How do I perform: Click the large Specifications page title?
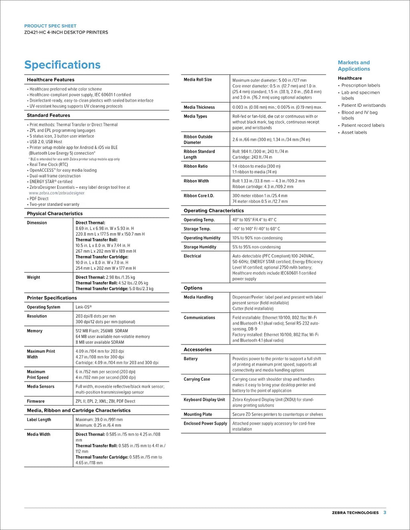[62, 65]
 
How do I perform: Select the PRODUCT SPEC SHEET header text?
[50, 26]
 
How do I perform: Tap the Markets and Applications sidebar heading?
[354, 66]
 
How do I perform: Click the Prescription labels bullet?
[360, 85]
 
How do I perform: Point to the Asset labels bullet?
[354, 132]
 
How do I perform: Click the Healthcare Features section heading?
[50, 80]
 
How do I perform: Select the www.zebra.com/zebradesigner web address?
[56, 193]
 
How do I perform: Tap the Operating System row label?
[43, 307]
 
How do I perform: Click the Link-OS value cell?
[84, 307]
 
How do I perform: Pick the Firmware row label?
[36, 401]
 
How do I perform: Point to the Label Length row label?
[39, 420]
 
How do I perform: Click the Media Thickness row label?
[199, 107]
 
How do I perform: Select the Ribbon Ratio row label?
[195, 166]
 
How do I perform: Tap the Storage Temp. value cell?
[256, 229]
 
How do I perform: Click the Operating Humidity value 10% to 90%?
[257, 238]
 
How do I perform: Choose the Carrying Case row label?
[197, 379]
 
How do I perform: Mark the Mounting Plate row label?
[198, 414]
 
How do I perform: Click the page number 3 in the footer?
[385, 512]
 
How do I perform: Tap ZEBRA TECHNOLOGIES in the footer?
[355, 513]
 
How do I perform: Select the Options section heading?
[193, 288]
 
